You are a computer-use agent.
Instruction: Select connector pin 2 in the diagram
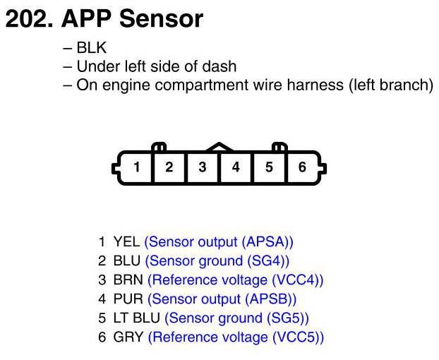[x=169, y=167]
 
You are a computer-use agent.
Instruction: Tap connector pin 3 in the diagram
[x=203, y=167]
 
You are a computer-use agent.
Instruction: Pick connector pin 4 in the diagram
[x=236, y=167]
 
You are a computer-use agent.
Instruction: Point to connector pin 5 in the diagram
[x=269, y=167]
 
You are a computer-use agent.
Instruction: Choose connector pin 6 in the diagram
[x=302, y=167]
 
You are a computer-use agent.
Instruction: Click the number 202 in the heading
[x=28, y=19]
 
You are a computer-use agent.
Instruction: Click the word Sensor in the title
[x=161, y=19]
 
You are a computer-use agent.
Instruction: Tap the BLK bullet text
[x=90, y=49]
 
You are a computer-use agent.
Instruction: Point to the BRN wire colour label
[x=128, y=280]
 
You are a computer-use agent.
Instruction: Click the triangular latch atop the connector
[x=219, y=147]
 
